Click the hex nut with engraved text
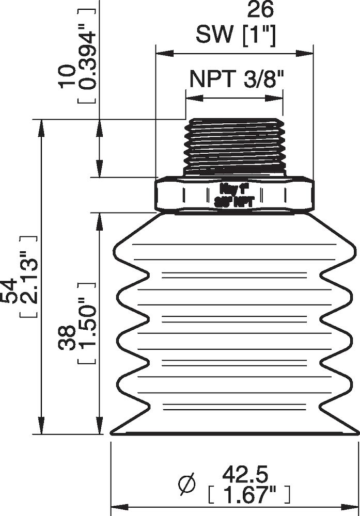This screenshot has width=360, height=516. click(x=234, y=194)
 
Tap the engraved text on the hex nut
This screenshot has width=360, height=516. click(x=234, y=195)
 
